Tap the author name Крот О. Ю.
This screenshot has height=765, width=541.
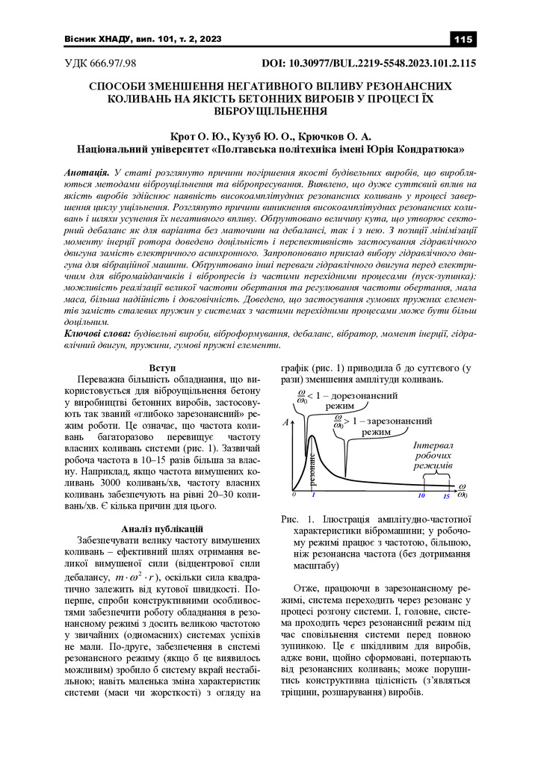pyautogui.click(x=195, y=136)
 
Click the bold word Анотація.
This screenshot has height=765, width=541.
pyautogui.click(x=89, y=173)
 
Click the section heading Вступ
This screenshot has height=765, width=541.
pyautogui.click(x=162, y=368)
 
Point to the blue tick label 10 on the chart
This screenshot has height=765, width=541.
pyautogui.click(x=421, y=495)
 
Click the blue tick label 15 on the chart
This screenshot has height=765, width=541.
pyautogui.click(x=446, y=495)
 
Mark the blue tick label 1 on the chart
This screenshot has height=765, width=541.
pyautogui.click(x=313, y=495)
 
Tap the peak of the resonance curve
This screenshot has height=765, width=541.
pyautogui.click(x=309, y=436)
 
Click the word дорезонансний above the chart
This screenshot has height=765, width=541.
pyautogui.click(x=364, y=394)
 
